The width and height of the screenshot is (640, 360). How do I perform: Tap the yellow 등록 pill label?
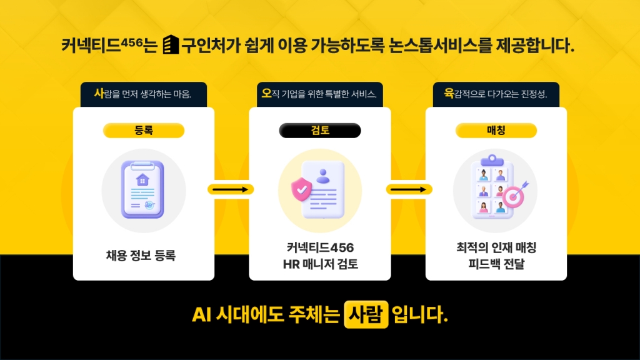click(x=144, y=131)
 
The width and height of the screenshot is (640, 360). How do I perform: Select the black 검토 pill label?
click(x=320, y=131)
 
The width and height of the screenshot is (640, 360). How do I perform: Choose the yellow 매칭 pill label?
click(x=496, y=131)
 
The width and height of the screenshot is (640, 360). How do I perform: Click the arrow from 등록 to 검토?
click(x=231, y=189)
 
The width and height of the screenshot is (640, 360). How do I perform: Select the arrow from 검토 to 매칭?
click(x=409, y=189)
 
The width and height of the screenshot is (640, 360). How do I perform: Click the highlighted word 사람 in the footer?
click(x=366, y=314)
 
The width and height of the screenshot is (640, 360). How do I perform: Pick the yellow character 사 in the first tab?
click(x=98, y=94)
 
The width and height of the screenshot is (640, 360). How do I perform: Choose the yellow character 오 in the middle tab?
click(x=267, y=94)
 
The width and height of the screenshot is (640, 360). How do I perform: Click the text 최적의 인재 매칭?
click(x=496, y=247)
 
